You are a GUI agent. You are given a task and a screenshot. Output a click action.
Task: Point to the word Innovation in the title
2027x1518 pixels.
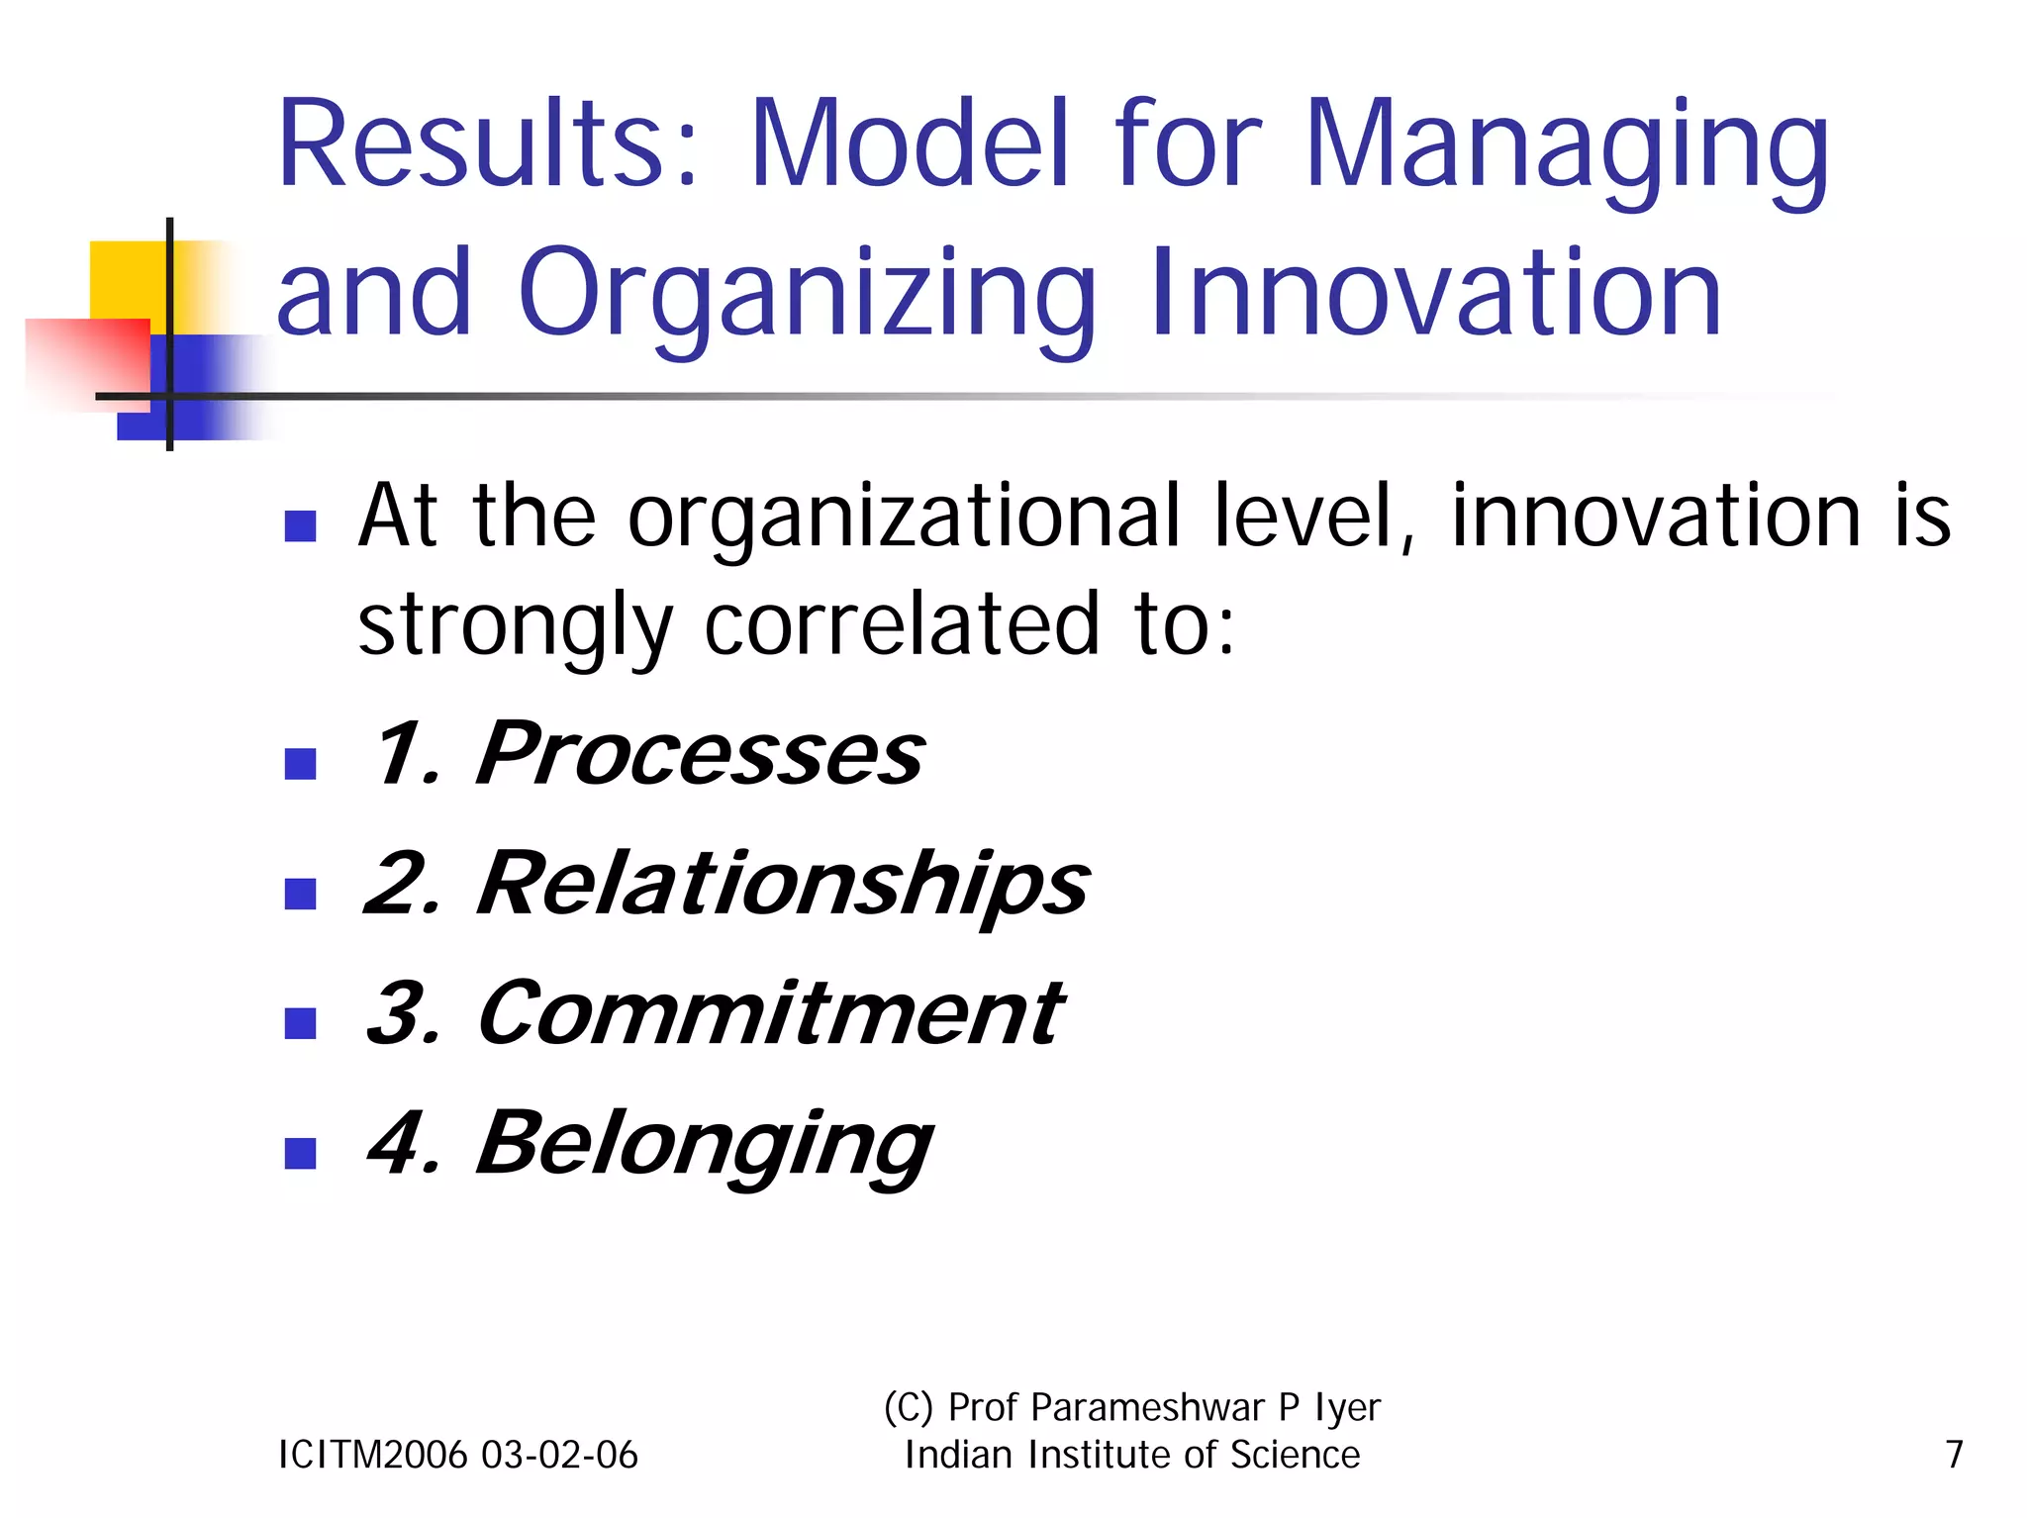tap(1435, 293)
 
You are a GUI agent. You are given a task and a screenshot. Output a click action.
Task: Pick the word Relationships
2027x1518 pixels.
tap(782, 885)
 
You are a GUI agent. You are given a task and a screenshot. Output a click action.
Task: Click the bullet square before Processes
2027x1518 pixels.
tap(300, 764)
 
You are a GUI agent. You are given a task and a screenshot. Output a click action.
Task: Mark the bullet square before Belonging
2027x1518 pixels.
tap(300, 1153)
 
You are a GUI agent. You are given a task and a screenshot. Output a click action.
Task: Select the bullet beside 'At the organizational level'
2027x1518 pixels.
tap(300, 525)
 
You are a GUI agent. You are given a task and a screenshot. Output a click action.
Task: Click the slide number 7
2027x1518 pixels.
tap(1954, 1455)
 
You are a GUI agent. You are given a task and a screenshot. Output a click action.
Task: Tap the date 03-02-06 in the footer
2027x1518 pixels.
tap(560, 1455)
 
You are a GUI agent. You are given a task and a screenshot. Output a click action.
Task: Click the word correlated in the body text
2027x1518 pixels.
tap(902, 624)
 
